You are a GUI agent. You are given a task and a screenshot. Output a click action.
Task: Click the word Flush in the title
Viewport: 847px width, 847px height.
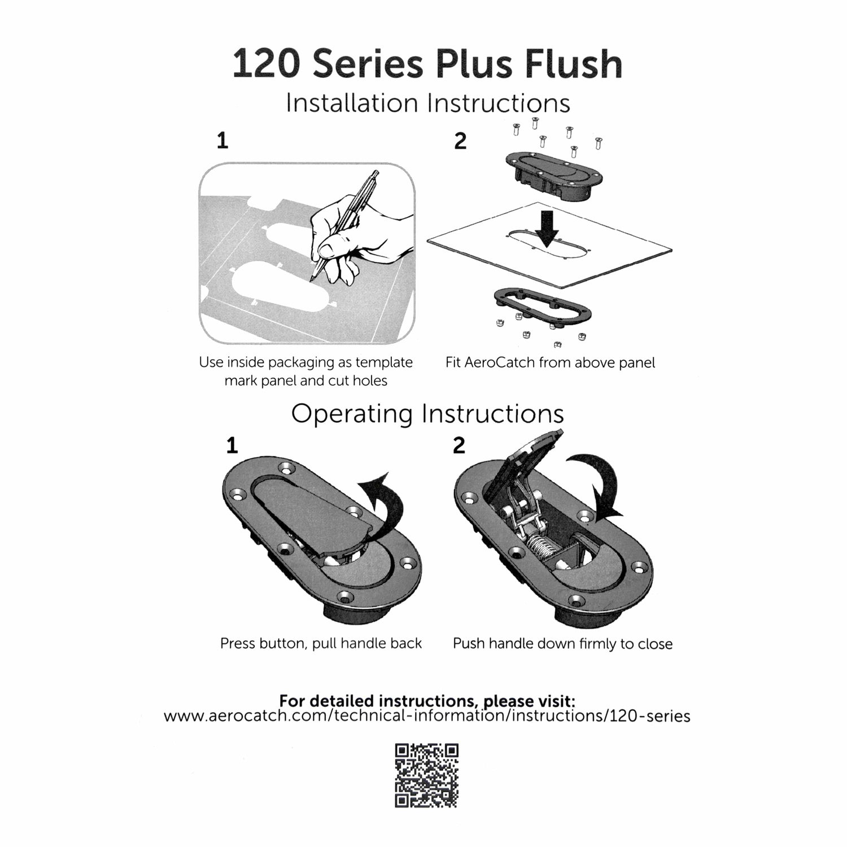pyautogui.click(x=573, y=64)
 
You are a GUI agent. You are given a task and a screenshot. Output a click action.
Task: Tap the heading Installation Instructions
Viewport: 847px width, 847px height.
pyautogui.click(x=427, y=103)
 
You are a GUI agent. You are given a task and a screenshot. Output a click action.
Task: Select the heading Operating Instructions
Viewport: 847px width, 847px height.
pyautogui.click(x=427, y=414)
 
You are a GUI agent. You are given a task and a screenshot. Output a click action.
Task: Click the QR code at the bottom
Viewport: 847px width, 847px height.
pyautogui.click(x=426, y=775)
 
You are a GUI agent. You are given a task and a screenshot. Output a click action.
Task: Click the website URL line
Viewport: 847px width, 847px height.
pyautogui.click(x=427, y=717)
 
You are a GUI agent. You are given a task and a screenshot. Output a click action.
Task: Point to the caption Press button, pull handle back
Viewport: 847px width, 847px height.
pyautogui.click(x=321, y=643)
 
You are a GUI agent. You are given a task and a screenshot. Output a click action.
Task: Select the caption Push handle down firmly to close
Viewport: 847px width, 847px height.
pyautogui.click(x=562, y=644)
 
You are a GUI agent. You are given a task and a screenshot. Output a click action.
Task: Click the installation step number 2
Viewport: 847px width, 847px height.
pyautogui.click(x=460, y=141)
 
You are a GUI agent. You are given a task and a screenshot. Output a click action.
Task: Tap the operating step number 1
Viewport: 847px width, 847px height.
pyautogui.click(x=232, y=446)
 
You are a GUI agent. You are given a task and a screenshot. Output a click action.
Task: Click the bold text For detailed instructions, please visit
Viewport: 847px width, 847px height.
pyautogui.click(x=427, y=701)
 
